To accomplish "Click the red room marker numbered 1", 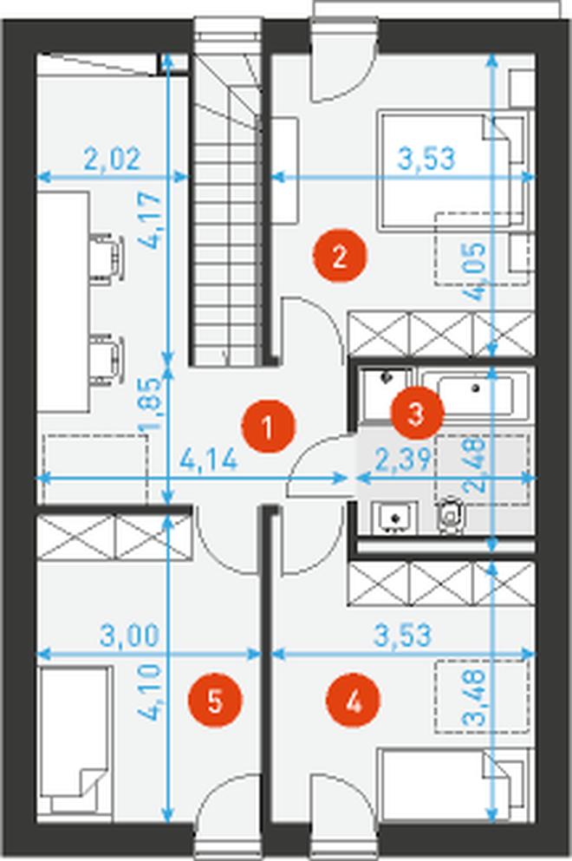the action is click(x=268, y=427).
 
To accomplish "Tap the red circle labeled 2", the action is click(x=339, y=256).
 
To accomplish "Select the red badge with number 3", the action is click(x=415, y=414).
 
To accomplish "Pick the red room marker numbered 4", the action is click(x=354, y=701).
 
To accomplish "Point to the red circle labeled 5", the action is click(x=214, y=701).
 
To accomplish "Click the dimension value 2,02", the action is click(x=113, y=160).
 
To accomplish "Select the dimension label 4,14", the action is click(x=209, y=459).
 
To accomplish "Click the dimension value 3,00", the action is click(x=129, y=636).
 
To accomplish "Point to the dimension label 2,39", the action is click(x=402, y=459).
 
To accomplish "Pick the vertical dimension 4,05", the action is click(x=474, y=271).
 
